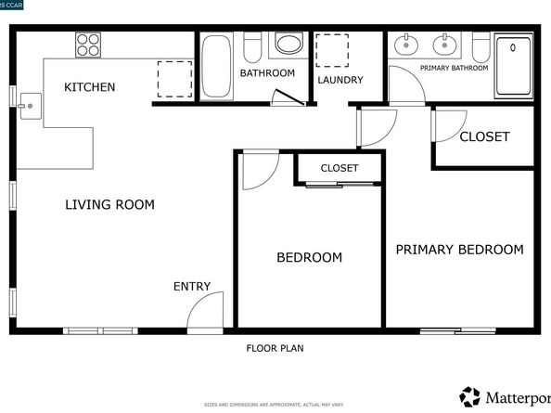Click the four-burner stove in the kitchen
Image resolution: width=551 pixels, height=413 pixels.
88,45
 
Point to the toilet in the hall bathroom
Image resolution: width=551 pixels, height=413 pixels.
251,45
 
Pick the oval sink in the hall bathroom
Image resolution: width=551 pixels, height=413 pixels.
289,45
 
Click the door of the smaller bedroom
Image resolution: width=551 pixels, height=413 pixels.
258,168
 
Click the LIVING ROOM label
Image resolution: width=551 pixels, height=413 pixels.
109,204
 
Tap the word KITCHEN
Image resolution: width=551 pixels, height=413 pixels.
89,87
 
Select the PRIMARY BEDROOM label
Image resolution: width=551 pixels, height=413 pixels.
459,250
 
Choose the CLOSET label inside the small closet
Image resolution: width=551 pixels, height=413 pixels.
339,168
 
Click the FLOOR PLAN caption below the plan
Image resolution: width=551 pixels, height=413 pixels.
275,349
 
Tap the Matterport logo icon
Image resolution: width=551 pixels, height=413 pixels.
470,396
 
